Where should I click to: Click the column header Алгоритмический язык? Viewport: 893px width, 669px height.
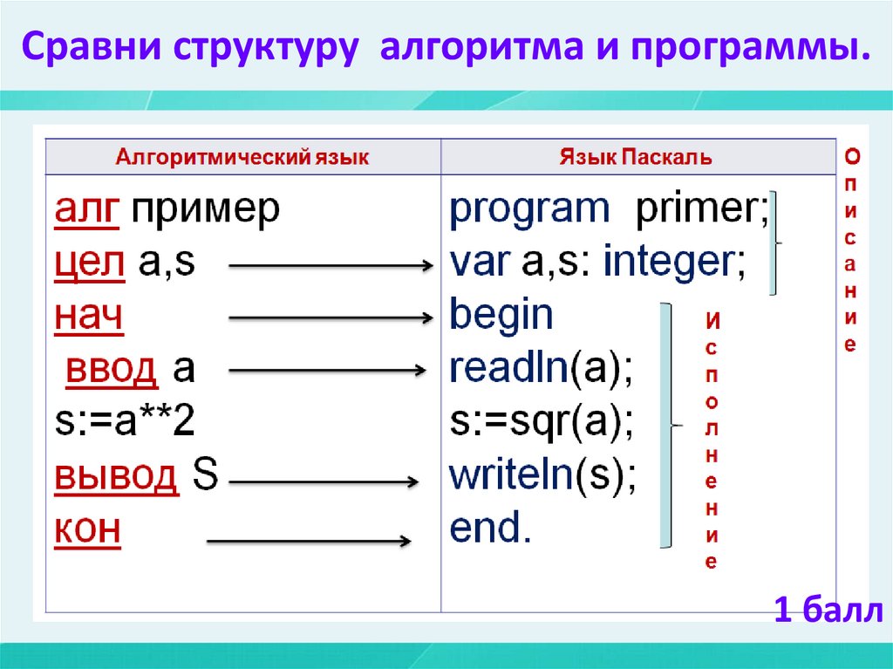pos(243,158)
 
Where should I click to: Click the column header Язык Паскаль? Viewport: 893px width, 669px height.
pos(635,158)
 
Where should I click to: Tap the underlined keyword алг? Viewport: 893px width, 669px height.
pos(86,210)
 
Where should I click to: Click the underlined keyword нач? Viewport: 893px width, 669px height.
pos(88,317)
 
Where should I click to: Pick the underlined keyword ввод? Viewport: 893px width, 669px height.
pos(112,370)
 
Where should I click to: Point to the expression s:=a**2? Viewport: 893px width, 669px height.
pos(125,423)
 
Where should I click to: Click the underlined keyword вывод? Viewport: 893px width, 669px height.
pos(116,476)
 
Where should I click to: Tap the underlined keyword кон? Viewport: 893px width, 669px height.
pos(87,529)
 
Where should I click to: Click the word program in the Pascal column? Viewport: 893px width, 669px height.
pos(529,210)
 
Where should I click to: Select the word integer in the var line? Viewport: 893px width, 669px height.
pos(674,263)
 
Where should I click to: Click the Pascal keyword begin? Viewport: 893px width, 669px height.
pos(501,315)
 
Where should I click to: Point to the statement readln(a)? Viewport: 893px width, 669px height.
pos(541,370)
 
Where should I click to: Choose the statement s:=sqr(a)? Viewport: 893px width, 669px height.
pos(542,423)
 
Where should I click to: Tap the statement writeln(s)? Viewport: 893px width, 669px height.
pos(542,476)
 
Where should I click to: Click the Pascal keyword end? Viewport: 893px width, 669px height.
pos(490,529)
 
